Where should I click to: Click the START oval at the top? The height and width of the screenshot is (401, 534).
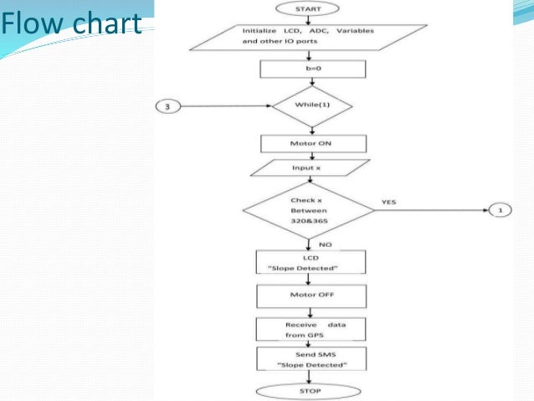pyautogui.click(x=311, y=8)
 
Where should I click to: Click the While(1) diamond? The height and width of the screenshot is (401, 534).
pyautogui.click(x=311, y=106)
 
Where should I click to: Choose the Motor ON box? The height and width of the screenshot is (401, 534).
pyautogui.click(x=311, y=143)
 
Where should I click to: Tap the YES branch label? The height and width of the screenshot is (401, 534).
pyautogui.click(x=388, y=202)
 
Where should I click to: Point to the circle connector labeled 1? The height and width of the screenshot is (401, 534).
pyautogui.click(x=500, y=211)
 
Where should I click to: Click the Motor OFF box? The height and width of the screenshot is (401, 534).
pyautogui.click(x=311, y=295)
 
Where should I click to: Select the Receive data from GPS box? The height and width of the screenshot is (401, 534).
pyautogui.click(x=311, y=329)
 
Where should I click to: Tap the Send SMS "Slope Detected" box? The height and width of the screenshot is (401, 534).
pyautogui.click(x=311, y=361)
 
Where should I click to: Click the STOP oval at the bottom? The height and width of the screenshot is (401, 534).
pyautogui.click(x=311, y=391)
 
